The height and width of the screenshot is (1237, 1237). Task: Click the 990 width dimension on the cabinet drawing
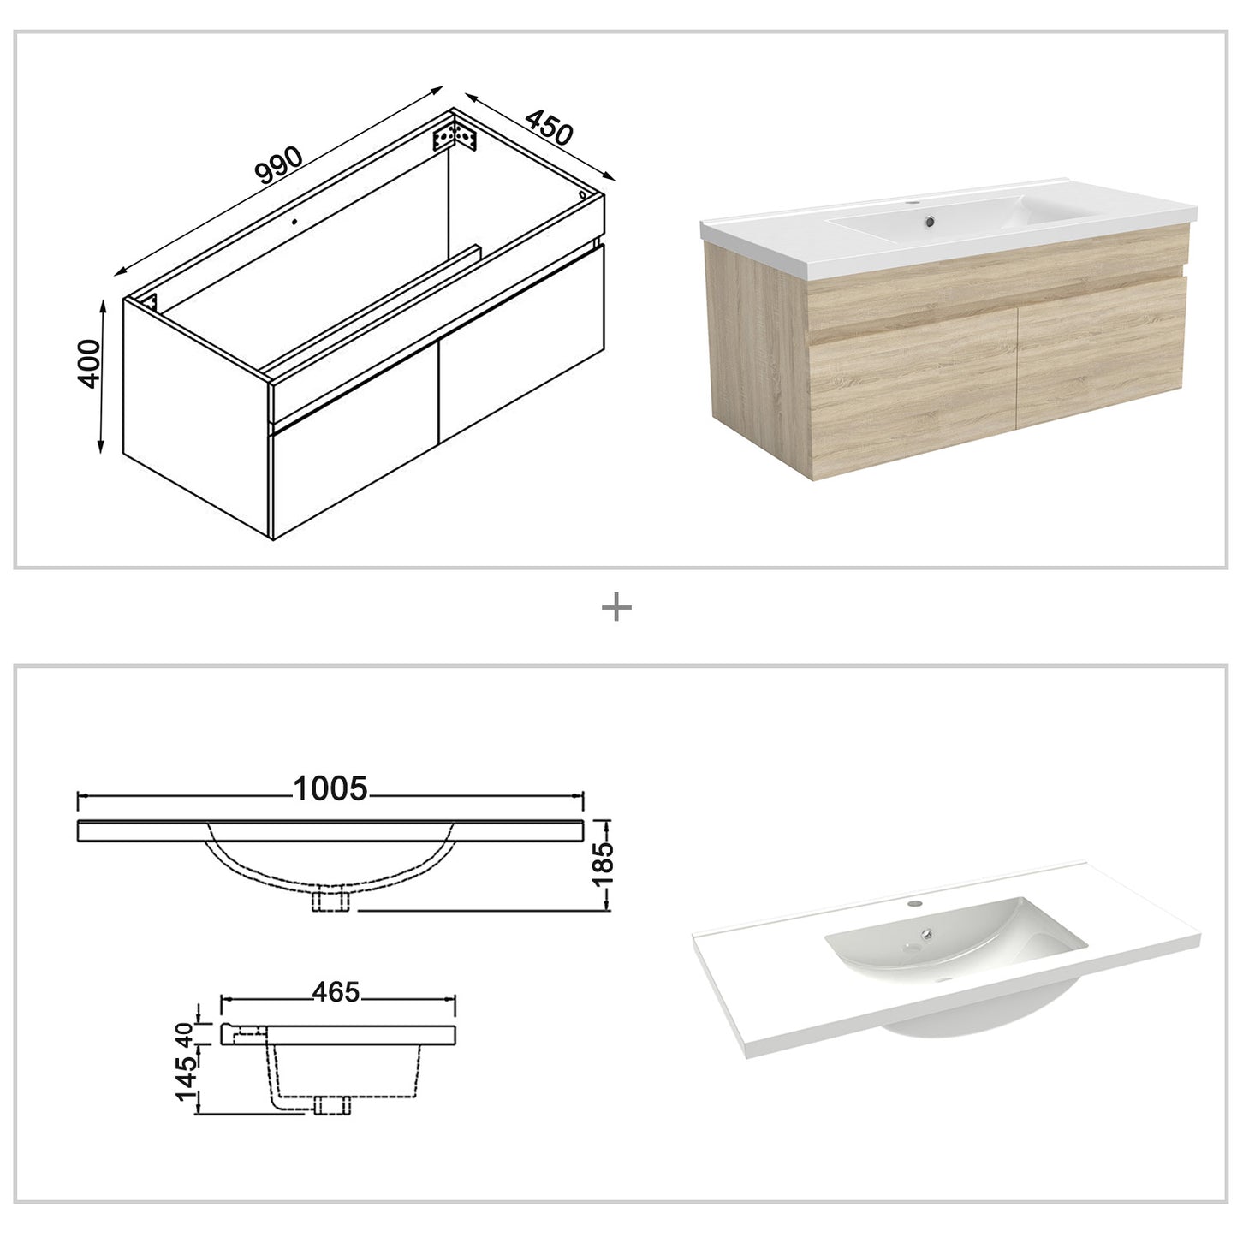(280, 165)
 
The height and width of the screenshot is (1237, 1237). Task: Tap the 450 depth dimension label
(548, 128)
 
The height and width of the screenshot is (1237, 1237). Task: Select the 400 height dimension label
(90, 363)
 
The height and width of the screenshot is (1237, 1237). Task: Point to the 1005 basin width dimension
(330, 788)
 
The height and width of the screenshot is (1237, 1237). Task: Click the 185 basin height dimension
(604, 865)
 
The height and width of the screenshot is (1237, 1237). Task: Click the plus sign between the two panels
(616, 609)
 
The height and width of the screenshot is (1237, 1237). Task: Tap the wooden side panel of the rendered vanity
(757, 360)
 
